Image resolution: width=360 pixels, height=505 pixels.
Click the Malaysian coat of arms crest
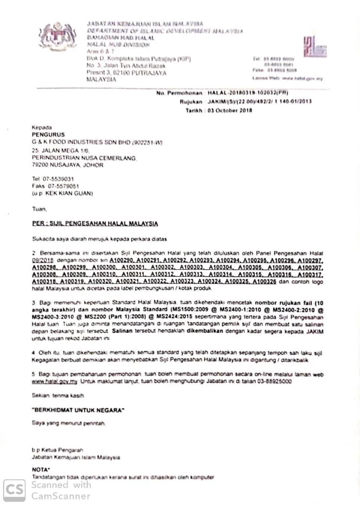[57, 36]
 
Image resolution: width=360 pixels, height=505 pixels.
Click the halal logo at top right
[314, 47]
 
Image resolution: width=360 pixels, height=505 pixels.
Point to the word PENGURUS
[48, 134]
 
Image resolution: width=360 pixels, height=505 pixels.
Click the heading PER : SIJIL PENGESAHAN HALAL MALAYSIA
[95, 224]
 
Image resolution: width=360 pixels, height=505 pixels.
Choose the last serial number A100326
[264, 282]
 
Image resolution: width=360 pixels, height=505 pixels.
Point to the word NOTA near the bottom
[41, 469]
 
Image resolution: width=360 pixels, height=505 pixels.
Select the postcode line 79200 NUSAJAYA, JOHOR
[67, 165]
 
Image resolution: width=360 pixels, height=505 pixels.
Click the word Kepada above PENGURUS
[42, 127]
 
